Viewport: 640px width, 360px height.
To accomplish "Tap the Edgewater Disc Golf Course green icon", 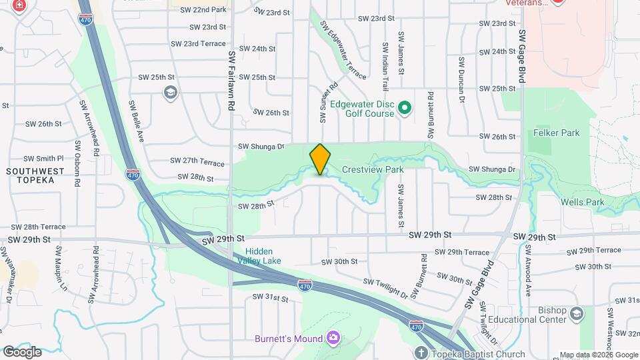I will pyautogui.click(x=403, y=107).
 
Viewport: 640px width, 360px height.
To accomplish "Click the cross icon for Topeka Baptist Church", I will pyautogui.click(x=421, y=353).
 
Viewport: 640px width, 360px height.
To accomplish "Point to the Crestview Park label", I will pyautogui.click(x=373, y=170).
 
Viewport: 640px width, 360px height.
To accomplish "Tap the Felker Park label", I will pyautogui.click(x=557, y=133).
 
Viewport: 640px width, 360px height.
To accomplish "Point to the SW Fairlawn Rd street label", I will pyautogui.click(x=231, y=81).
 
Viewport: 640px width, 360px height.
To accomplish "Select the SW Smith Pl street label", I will pyautogui.click(x=43, y=159).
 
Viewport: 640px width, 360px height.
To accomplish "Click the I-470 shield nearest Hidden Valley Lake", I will pyautogui.click(x=304, y=284).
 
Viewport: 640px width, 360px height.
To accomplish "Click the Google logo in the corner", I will pyautogui.click(x=22, y=352).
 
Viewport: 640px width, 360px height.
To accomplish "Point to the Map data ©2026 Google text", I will pyautogui.click(x=598, y=355).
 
